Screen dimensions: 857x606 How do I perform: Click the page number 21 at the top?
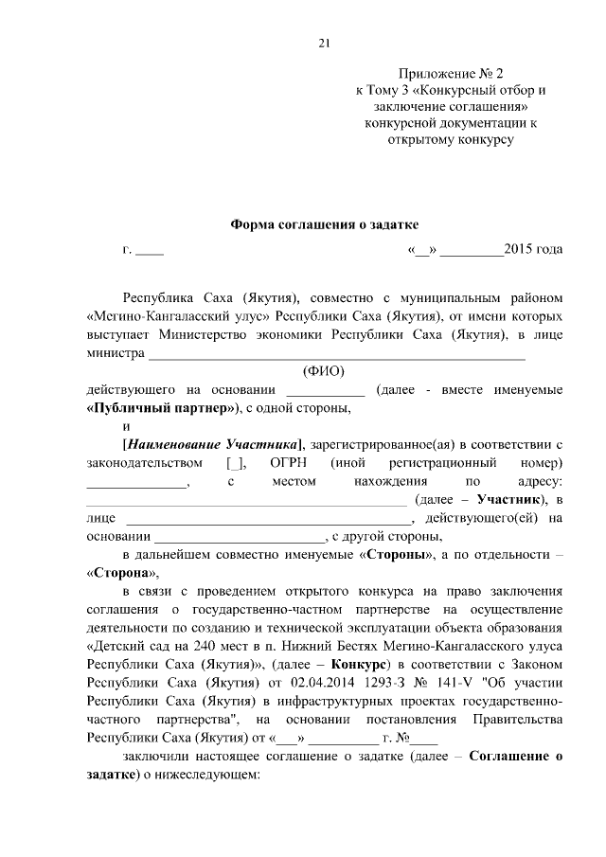[x=323, y=42]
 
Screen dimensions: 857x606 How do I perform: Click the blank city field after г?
[x=150, y=252]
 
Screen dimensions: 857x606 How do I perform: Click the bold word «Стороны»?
[x=400, y=553]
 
